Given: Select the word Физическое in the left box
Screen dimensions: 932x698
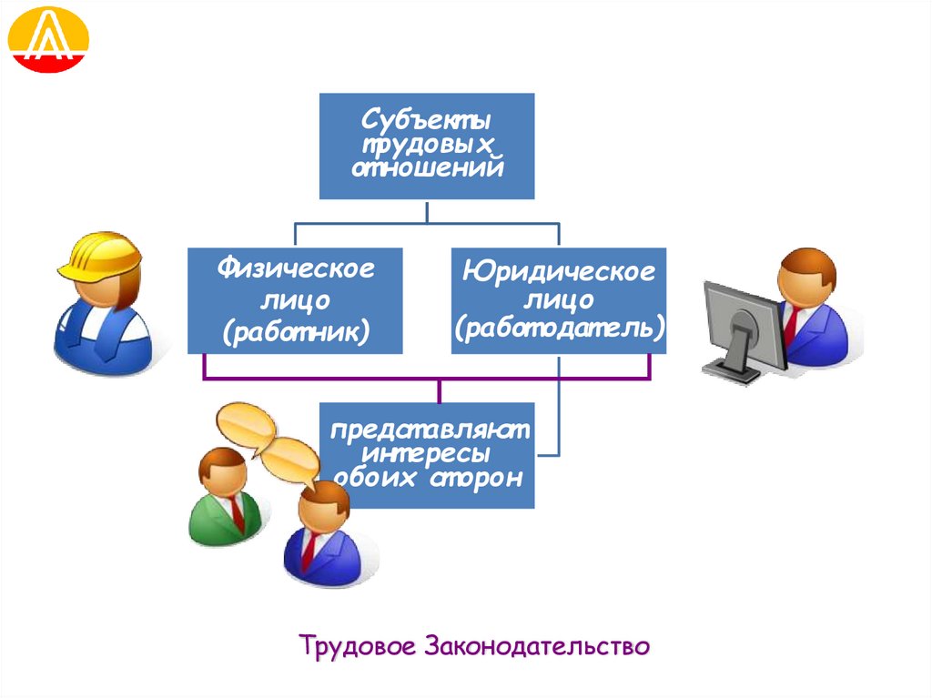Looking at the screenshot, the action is (x=295, y=269).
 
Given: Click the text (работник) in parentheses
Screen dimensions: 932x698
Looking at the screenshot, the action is (x=295, y=331).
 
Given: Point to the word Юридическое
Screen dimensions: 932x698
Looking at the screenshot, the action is (x=558, y=270).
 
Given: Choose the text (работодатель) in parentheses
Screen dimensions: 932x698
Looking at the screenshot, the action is (x=559, y=326).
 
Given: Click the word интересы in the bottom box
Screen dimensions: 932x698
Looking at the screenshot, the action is (x=426, y=452).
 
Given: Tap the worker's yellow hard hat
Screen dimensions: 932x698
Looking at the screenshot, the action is (x=101, y=254).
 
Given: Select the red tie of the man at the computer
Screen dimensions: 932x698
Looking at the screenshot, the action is (x=791, y=323).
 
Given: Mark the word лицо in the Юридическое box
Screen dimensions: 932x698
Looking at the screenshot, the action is (x=559, y=298).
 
